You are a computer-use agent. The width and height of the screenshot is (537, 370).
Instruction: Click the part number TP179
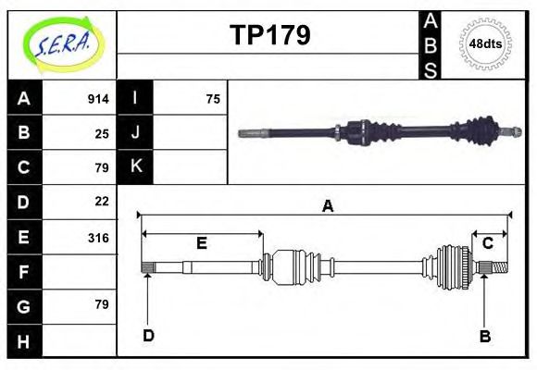point(269,35)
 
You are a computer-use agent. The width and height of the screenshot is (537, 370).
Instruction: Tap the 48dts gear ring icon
point(485,43)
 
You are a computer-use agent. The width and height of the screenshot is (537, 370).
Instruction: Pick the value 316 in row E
point(98,237)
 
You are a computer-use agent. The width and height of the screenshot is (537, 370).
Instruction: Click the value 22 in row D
point(102,201)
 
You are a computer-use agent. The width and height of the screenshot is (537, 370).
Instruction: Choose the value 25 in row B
point(102,133)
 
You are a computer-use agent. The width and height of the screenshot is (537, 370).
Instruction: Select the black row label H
point(23,341)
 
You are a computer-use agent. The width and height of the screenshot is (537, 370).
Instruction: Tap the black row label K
point(135,166)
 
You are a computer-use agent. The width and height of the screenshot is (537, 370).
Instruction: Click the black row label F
point(23,272)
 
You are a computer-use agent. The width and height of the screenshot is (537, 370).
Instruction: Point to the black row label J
point(135,132)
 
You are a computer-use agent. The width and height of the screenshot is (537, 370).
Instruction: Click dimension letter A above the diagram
point(327,206)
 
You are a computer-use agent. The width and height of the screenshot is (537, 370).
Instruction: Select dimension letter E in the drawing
point(201,244)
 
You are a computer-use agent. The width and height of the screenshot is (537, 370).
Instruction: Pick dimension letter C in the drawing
point(487,243)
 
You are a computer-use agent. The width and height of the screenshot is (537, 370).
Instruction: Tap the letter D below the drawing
point(148,335)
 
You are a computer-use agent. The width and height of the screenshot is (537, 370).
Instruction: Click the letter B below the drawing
point(484,336)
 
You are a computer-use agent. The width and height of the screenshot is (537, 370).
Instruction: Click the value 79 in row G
point(102,304)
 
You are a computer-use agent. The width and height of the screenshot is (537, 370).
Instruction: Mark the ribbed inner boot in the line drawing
point(294,268)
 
